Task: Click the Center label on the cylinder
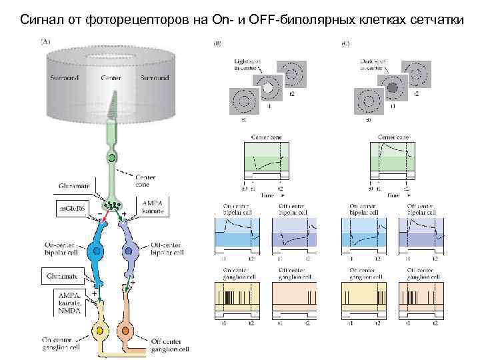pos(111,78)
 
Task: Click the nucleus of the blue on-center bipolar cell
pos(97,252)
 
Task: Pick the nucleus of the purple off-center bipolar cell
pos(129,252)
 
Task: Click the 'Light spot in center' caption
pos(247,65)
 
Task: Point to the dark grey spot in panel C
pos(393,88)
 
